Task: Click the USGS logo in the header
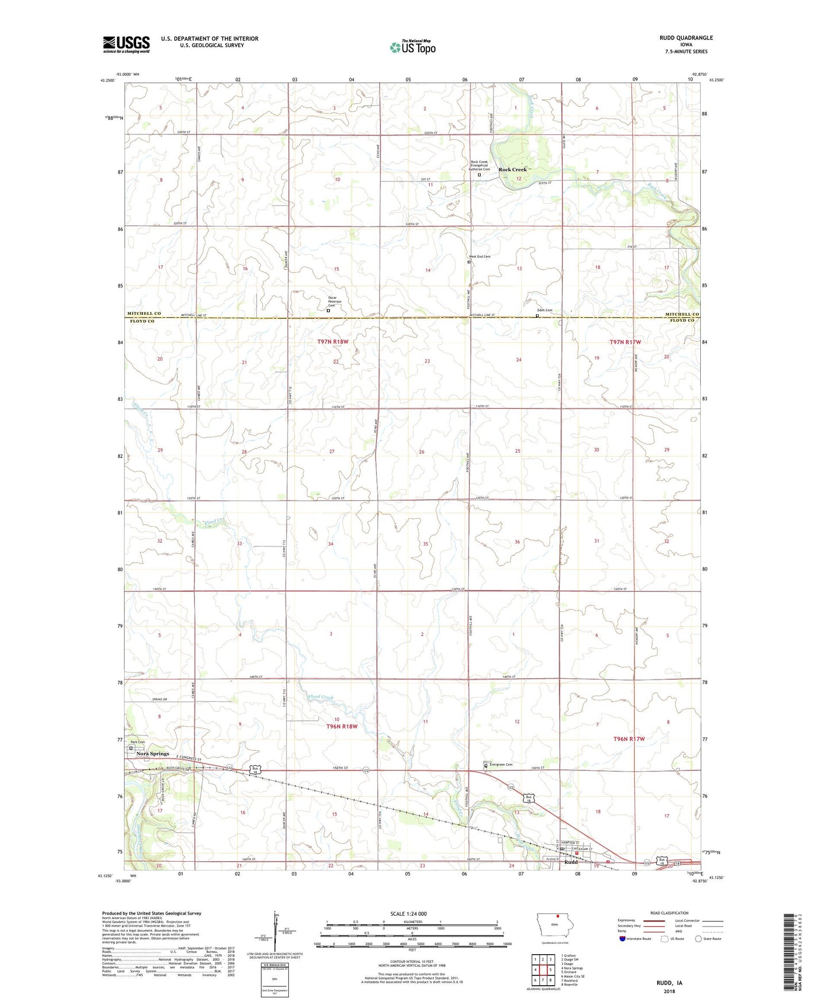point(126,44)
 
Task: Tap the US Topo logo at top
point(412,47)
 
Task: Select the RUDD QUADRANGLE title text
point(686,38)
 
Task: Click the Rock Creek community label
point(512,169)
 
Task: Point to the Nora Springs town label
point(148,754)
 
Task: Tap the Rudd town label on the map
point(571,862)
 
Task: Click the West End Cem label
point(480,257)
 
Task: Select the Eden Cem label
point(545,310)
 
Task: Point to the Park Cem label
point(137,742)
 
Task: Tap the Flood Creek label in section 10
point(321,697)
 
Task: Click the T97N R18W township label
point(333,342)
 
